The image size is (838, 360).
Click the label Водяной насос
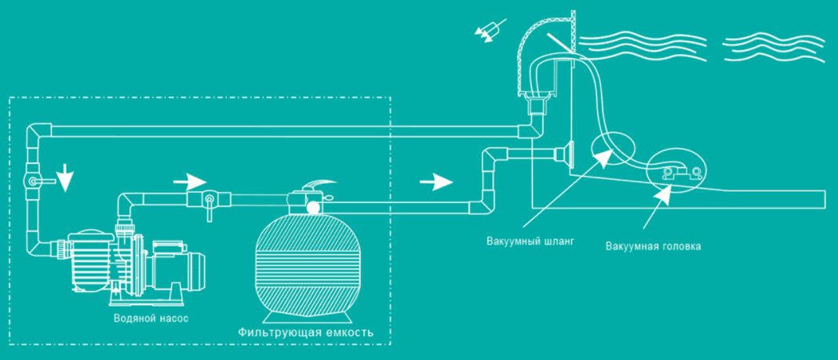[151, 318]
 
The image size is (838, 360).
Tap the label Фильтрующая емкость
[305, 333]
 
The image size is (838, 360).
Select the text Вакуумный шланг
[530, 241]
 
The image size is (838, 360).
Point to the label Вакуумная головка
[653, 246]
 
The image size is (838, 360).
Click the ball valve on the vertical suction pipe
[35, 182]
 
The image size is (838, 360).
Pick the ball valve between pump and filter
[209, 202]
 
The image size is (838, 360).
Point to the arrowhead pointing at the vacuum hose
[604, 158]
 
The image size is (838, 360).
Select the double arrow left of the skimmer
[489, 31]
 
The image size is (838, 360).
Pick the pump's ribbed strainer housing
[89, 260]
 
